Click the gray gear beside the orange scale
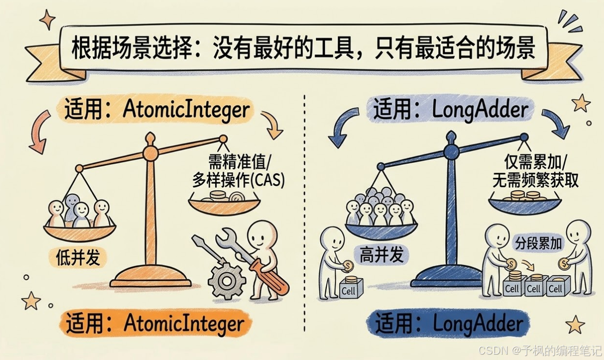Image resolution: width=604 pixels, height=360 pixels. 226,281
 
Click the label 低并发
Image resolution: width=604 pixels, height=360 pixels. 78,257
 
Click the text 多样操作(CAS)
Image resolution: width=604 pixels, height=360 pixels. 238,180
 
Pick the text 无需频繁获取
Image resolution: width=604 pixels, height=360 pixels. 535,180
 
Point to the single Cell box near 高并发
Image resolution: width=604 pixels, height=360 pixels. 349,290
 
